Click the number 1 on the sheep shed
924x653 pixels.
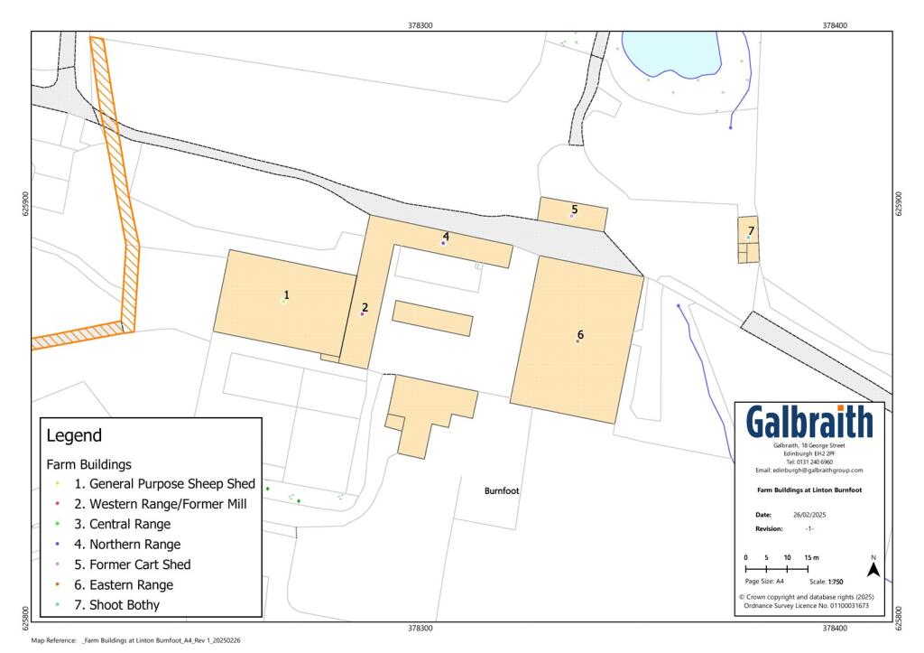286,294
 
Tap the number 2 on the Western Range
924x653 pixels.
365,307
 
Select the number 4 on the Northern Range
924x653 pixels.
446,237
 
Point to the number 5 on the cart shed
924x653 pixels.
574,210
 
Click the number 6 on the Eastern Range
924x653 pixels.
580,335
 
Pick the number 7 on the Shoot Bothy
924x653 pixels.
751,231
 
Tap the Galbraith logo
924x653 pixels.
809,422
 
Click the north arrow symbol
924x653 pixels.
873,570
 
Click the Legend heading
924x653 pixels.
74,436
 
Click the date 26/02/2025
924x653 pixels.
809,514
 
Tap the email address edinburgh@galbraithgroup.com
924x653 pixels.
809,471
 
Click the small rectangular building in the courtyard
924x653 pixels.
432,318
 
